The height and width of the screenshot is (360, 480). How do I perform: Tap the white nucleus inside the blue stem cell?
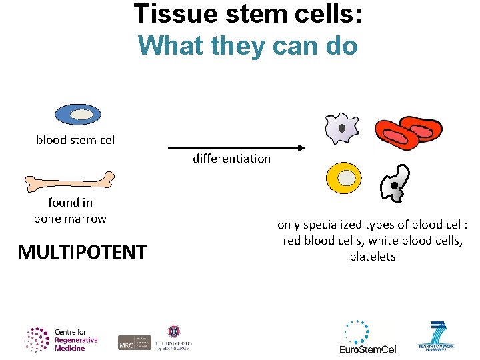(81, 115)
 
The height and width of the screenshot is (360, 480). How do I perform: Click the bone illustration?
(69, 181)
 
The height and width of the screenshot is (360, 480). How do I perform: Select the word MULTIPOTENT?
(82, 252)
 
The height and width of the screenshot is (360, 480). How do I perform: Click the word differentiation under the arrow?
(231, 159)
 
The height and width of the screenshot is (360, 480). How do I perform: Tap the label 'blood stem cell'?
(77, 140)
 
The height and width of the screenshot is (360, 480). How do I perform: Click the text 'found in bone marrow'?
(70, 211)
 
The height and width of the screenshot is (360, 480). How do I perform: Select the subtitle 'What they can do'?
(248, 45)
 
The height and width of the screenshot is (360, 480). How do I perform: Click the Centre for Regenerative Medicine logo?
(61, 339)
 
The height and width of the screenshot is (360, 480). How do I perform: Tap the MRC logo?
(133, 342)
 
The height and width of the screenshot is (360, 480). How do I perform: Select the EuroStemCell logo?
(368, 337)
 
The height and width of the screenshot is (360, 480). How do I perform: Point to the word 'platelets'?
(373, 257)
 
